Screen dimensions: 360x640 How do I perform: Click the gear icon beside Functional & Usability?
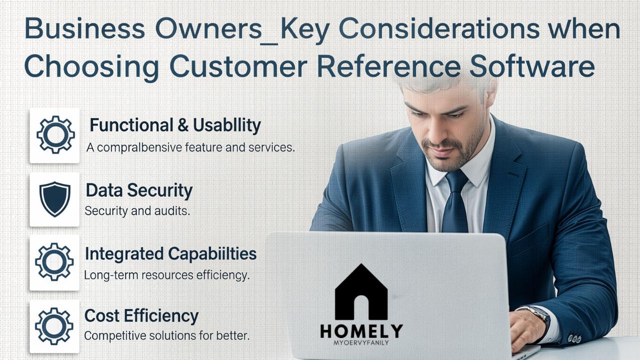(x=55, y=135)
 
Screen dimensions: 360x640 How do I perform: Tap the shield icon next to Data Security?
(x=55, y=198)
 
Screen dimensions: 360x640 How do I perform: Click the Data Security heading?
(x=139, y=190)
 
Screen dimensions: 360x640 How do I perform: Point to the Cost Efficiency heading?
(x=141, y=316)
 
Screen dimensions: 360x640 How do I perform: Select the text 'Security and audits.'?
(x=137, y=211)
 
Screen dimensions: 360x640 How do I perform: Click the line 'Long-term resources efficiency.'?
(x=166, y=275)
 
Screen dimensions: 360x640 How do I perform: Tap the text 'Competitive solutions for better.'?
(x=166, y=335)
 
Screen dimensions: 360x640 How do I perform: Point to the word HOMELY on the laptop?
(x=361, y=331)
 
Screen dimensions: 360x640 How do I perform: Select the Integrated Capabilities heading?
(x=170, y=254)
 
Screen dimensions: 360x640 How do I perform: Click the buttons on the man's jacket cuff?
(x=575, y=338)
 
